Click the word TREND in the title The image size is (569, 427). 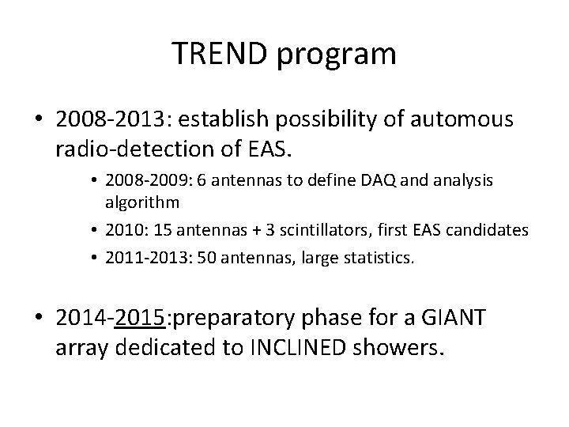pyautogui.click(x=220, y=53)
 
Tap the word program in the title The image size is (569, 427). pyautogui.click(x=337, y=55)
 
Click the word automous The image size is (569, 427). pyautogui.click(x=462, y=119)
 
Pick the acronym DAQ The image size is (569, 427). pyautogui.click(x=378, y=180)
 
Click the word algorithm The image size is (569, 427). pyautogui.click(x=142, y=202)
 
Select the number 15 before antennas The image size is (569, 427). pyautogui.click(x=162, y=230)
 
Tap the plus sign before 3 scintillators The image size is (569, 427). pyautogui.click(x=256, y=231)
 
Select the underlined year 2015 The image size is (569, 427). pyautogui.click(x=140, y=317)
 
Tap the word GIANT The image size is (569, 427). pyautogui.click(x=454, y=317)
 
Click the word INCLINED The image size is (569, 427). pyautogui.click(x=298, y=347)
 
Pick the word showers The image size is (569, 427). pyautogui.click(x=398, y=347)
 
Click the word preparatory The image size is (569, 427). pyautogui.click(x=234, y=319)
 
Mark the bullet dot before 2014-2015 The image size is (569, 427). pyautogui.click(x=39, y=316)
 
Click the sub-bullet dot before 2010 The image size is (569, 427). pyautogui.click(x=94, y=230)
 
